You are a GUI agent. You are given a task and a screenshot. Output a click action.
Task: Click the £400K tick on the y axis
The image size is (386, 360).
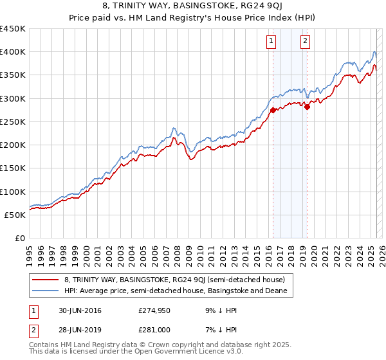coord(12,52)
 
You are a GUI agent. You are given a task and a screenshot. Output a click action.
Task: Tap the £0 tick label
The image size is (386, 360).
coord(20,239)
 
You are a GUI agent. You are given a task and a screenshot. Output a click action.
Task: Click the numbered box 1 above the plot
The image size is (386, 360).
coord(271,41)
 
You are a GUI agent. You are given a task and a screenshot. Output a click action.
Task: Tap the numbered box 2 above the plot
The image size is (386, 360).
coord(304,41)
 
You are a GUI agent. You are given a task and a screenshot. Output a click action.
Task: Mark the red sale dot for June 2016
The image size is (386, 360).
coord(273,110)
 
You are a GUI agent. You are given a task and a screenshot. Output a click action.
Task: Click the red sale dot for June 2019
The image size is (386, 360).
coord(307,107)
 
